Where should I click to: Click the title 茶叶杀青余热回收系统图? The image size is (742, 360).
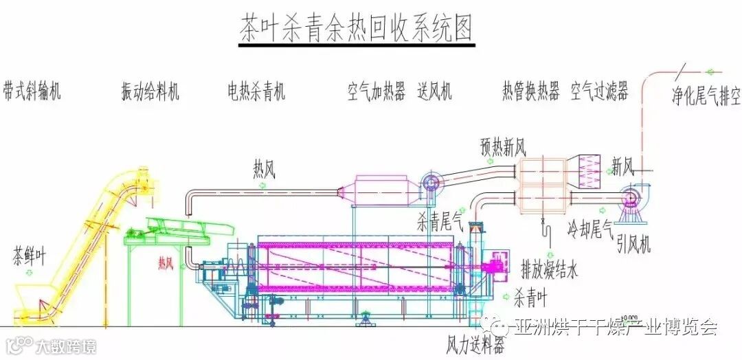pyautogui.click(x=357, y=30)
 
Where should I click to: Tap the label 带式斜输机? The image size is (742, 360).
pyautogui.click(x=32, y=92)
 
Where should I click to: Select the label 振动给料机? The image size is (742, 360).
pyautogui.click(x=150, y=92)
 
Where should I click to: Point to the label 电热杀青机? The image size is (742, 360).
pyautogui.click(x=256, y=92)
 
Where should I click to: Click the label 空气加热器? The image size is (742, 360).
pyautogui.click(x=376, y=92)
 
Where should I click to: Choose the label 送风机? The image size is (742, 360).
pyautogui.click(x=435, y=92)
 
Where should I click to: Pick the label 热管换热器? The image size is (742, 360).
pyautogui.click(x=530, y=92)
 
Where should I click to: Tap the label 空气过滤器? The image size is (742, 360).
pyautogui.click(x=600, y=92)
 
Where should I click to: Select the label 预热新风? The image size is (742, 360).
pyautogui.click(x=503, y=146)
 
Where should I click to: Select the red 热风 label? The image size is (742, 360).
pyautogui.click(x=166, y=262)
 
